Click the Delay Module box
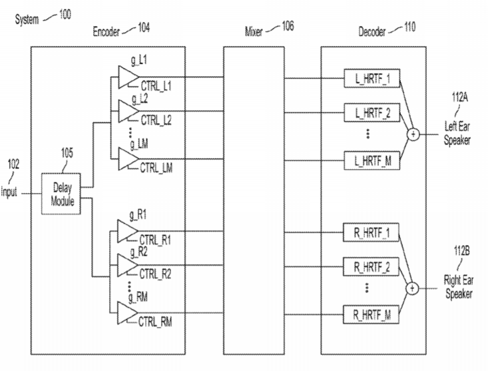(63, 193)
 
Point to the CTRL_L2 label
(156, 120)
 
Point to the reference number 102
(14, 164)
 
